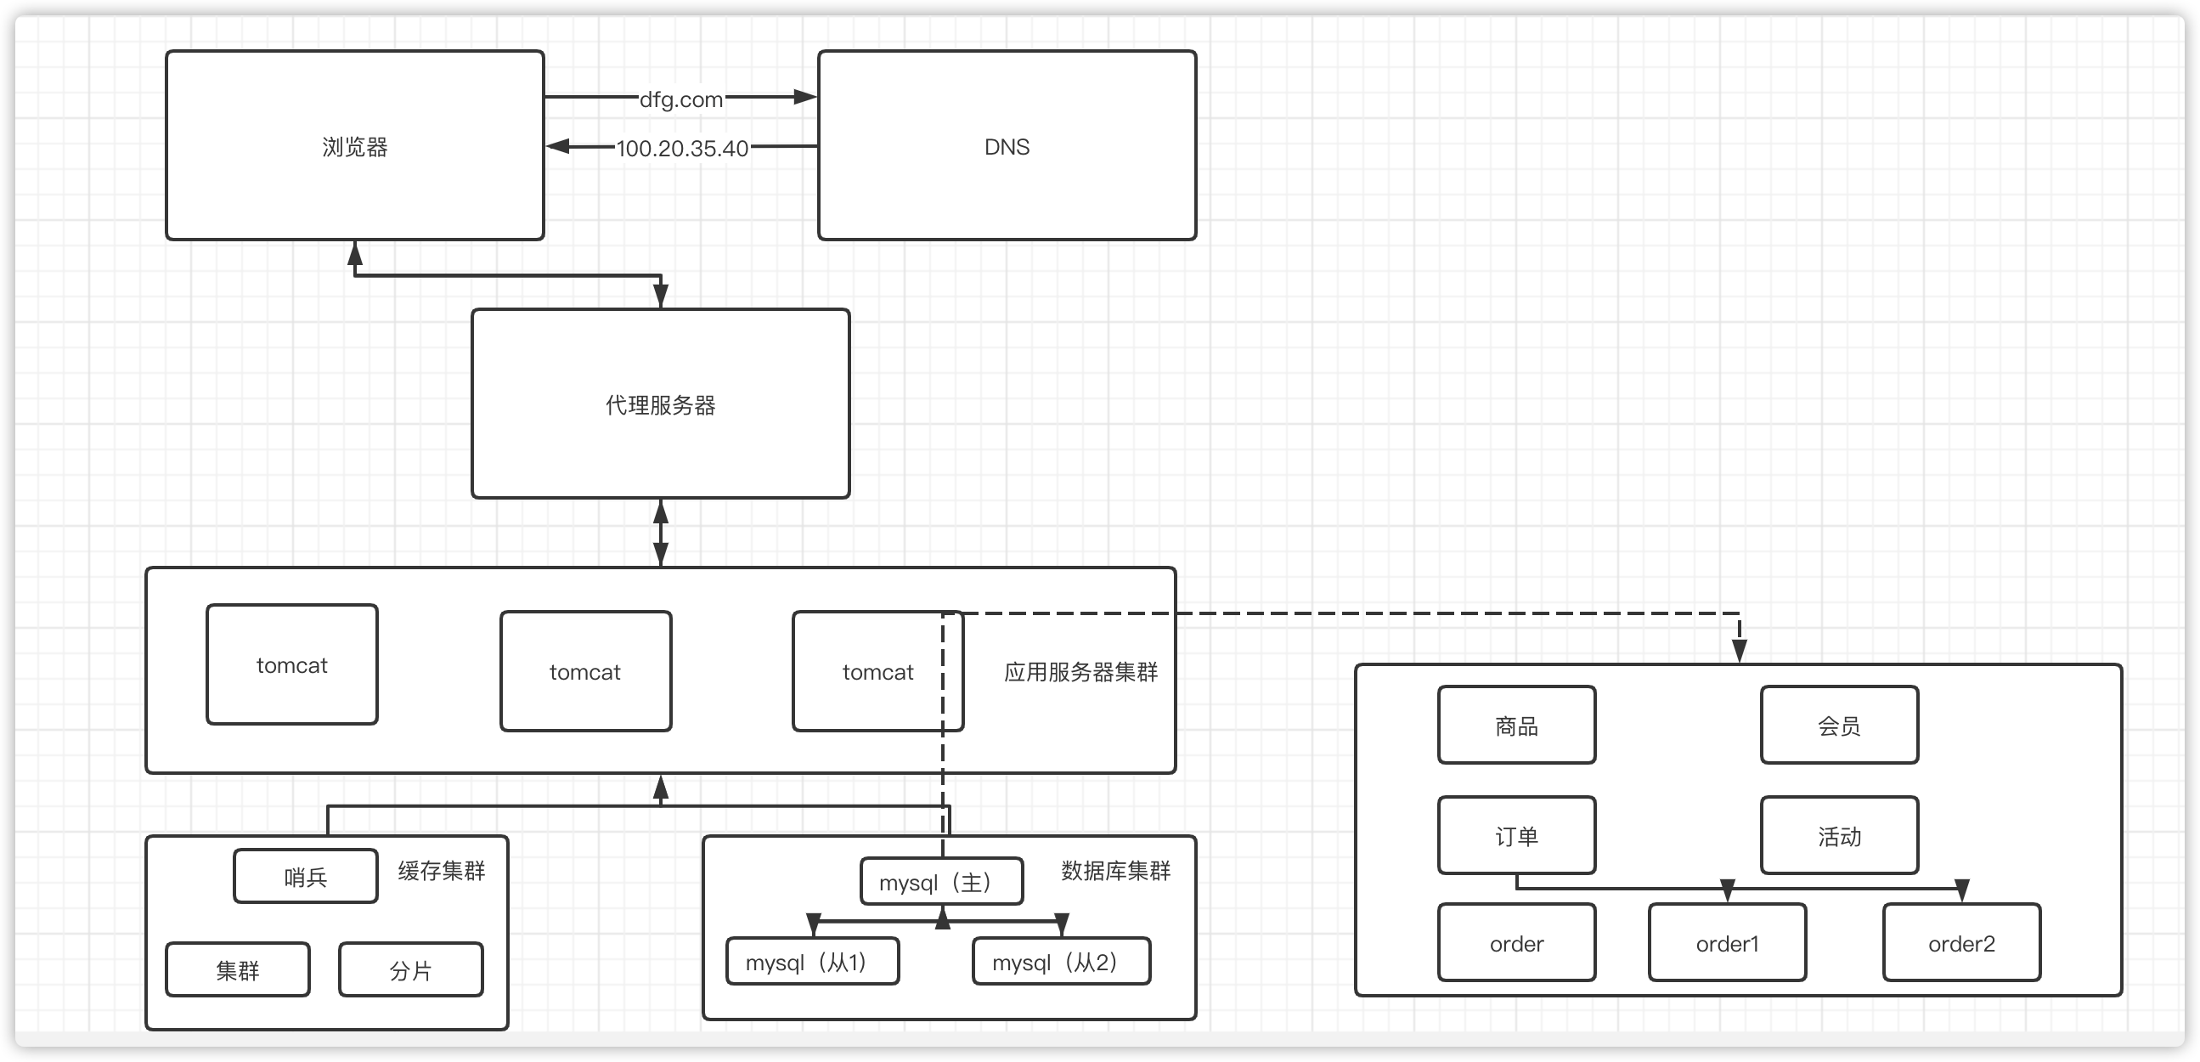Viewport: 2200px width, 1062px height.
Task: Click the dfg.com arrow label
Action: click(680, 99)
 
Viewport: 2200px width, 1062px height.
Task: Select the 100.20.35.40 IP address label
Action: click(681, 149)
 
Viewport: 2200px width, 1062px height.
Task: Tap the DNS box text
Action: click(1006, 147)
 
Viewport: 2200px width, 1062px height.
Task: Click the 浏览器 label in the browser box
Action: click(354, 147)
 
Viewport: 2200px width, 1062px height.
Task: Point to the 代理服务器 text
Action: click(660, 405)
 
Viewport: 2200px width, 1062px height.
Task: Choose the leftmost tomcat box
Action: click(291, 664)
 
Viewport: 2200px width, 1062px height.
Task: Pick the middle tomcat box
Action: click(585, 671)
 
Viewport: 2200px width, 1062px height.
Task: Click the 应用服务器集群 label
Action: click(1080, 672)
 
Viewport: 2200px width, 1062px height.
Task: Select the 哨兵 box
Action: click(305, 877)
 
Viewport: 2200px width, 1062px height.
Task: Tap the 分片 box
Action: click(410, 969)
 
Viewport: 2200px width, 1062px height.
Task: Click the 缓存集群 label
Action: click(441, 871)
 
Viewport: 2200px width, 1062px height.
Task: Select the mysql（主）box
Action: click(940, 882)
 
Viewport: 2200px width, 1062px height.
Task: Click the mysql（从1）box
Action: click(811, 962)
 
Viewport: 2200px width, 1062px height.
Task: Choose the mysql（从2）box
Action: click(1060, 962)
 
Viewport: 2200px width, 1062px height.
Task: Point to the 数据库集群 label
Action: click(1115, 871)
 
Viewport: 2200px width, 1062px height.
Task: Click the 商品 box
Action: click(1516, 726)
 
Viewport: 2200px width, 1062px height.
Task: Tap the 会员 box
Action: click(1839, 726)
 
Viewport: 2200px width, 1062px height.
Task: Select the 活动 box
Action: click(1839, 836)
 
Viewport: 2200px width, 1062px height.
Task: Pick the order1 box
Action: click(1727, 943)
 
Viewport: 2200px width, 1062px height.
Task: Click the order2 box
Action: click(1960, 943)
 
